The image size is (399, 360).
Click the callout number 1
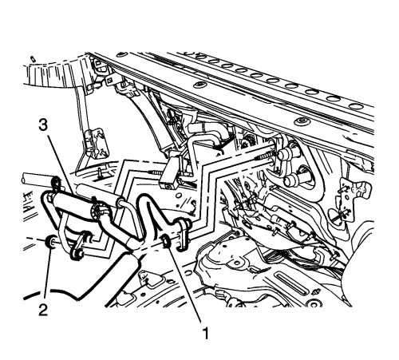tap(206, 333)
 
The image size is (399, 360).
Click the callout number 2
tap(43, 310)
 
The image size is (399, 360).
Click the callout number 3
tap(43, 125)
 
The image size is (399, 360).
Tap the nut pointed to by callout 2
tap(51, 241)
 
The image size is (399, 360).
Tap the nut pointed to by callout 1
tap(167, 241)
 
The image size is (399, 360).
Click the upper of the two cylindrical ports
tap(287, 154)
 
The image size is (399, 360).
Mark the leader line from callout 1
tap(185, 284)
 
